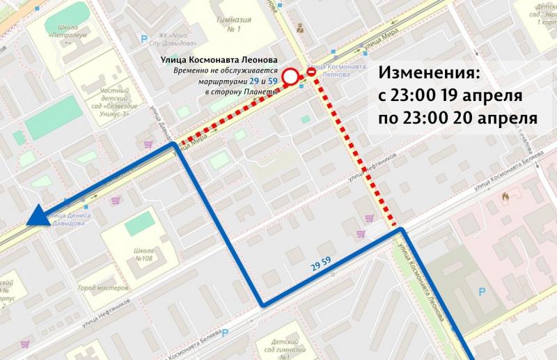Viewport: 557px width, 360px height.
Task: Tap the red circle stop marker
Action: [x=293, y=75]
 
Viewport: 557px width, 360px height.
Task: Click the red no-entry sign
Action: [x=312, y=72]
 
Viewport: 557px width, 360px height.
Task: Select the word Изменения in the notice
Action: [x=429, y=72]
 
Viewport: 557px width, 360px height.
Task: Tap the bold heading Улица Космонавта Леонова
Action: [x=219, y=61]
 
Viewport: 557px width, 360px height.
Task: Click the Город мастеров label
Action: [x=102, y=288]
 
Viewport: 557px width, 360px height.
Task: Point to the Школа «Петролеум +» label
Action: [x=64, y=35]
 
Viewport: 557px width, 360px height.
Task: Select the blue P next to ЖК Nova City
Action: [x=144, y=40]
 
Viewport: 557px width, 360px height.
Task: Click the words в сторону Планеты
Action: [x=241, y=91]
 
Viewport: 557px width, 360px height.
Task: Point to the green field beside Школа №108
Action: [x=141, y=224]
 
